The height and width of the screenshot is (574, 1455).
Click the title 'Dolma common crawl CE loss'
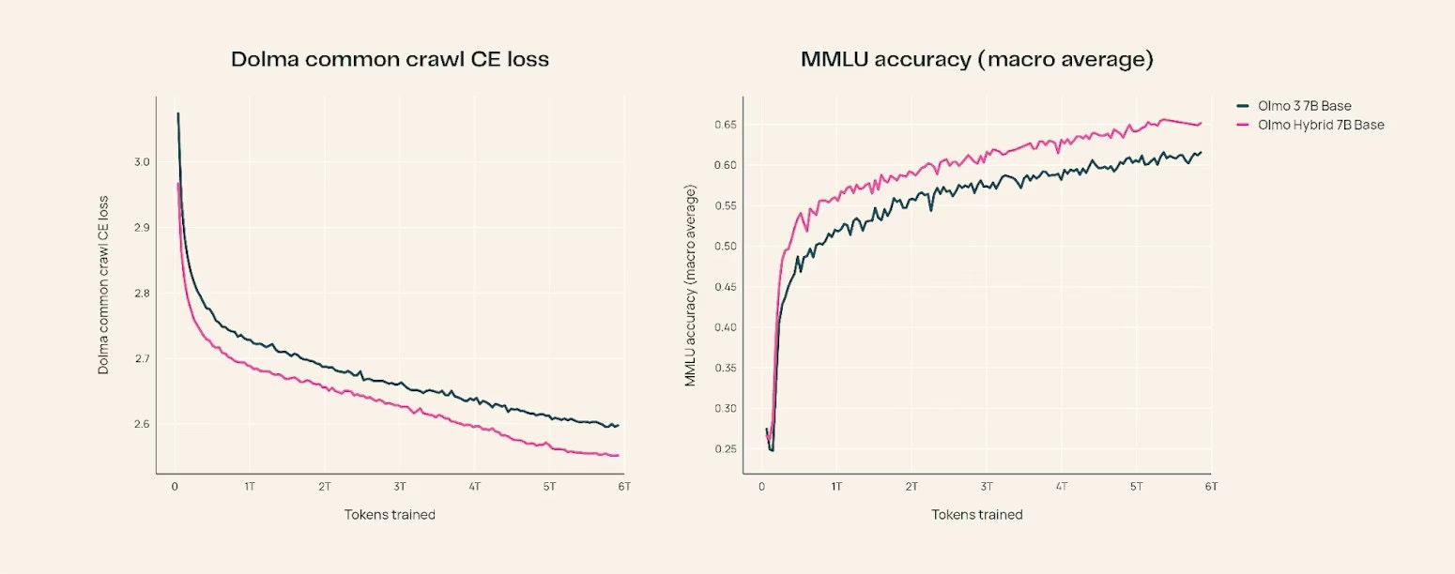pyautogui.click(x=390, y=60)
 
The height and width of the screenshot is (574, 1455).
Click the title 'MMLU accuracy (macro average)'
pyautogui.click(x=976, y=60)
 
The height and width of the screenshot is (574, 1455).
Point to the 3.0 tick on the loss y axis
pyautogui.click(x=142, y=162)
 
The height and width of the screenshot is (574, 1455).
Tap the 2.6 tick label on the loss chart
pyautogui.click(x=142, y=425)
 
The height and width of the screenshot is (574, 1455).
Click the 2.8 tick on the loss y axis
pyautogui.click(x=142, y=294)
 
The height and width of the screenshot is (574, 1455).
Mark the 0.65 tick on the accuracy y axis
pyautogui.click(x=723, y=125)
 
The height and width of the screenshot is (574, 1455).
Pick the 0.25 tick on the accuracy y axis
pyautogui.click(x=723, y=449)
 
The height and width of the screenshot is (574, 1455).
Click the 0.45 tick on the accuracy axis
pyautogui.click(x=723, y=287)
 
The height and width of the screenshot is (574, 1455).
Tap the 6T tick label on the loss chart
pyautogui.click(x=624, y=488)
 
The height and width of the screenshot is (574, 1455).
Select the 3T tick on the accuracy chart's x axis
pyautogui.click(x=987, y=488)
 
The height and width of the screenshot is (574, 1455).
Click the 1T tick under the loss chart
pyautogui.click(x=250, y=488)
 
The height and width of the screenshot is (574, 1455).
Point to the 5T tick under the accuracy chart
pyautogui.click(x=1137, y=488)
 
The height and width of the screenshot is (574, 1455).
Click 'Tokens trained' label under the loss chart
pyautogui.click(x=390, y=515)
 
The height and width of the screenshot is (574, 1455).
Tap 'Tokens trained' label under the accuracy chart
pyautogui.click(x=976, y=515)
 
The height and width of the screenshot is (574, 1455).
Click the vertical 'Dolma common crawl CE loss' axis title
pyautogui.click(x=104, y=285)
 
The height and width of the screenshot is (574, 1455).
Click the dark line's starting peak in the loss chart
pyautogui.click(x=177, y=113)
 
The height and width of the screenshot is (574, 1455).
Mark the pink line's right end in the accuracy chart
pyautogui.click(x=1201, y=123)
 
